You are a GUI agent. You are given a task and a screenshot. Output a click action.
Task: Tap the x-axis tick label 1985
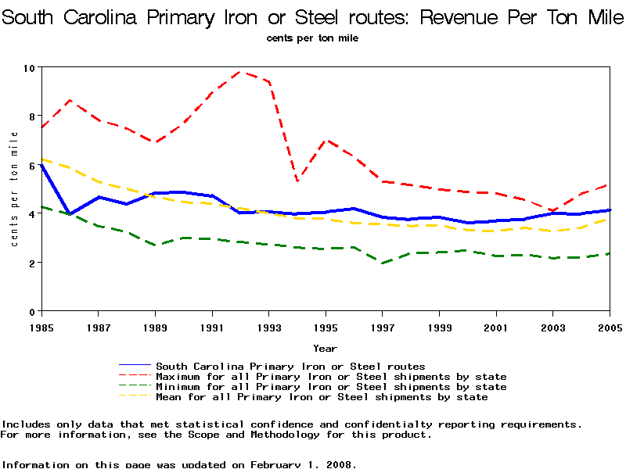[x=41, y=327]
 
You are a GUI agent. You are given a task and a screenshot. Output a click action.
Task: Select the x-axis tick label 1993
[x=268, y=327]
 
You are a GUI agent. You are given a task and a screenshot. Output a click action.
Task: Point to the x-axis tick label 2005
[x=610, y=327]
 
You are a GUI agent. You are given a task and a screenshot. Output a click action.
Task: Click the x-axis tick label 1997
[x=382, y=327]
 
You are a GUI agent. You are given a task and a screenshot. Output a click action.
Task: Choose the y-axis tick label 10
[x=30, y=68]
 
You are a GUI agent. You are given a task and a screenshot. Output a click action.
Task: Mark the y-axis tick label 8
[x=32, y=116]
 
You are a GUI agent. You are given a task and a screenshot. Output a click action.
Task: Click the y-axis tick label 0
[x=32, y=312]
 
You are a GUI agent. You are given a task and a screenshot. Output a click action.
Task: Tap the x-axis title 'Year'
[x=325, y=348]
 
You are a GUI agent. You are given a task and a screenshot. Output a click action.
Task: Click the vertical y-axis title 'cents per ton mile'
[x=14, y=189]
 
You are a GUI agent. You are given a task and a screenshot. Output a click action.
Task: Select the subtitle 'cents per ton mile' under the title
[x=312, y=38]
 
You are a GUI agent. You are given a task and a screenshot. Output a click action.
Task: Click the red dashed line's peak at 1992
[x=240, y=72]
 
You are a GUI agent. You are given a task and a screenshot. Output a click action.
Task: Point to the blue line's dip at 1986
[x=70, y=214]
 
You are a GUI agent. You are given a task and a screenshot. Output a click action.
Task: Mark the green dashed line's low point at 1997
[x=382, y=263]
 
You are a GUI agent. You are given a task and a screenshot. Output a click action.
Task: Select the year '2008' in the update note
[x=340, y=464]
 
